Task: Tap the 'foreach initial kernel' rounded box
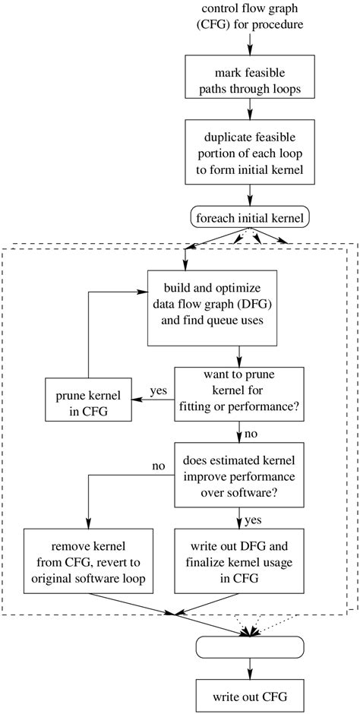[x=250, y=219]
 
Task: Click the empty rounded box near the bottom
[x=250, y=647]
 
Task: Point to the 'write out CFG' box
[x=250, y=695]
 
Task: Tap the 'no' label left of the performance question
[x=158, y=465]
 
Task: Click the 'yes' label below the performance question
[x=252, y=520]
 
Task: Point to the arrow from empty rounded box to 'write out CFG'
[x=250, y=668]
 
